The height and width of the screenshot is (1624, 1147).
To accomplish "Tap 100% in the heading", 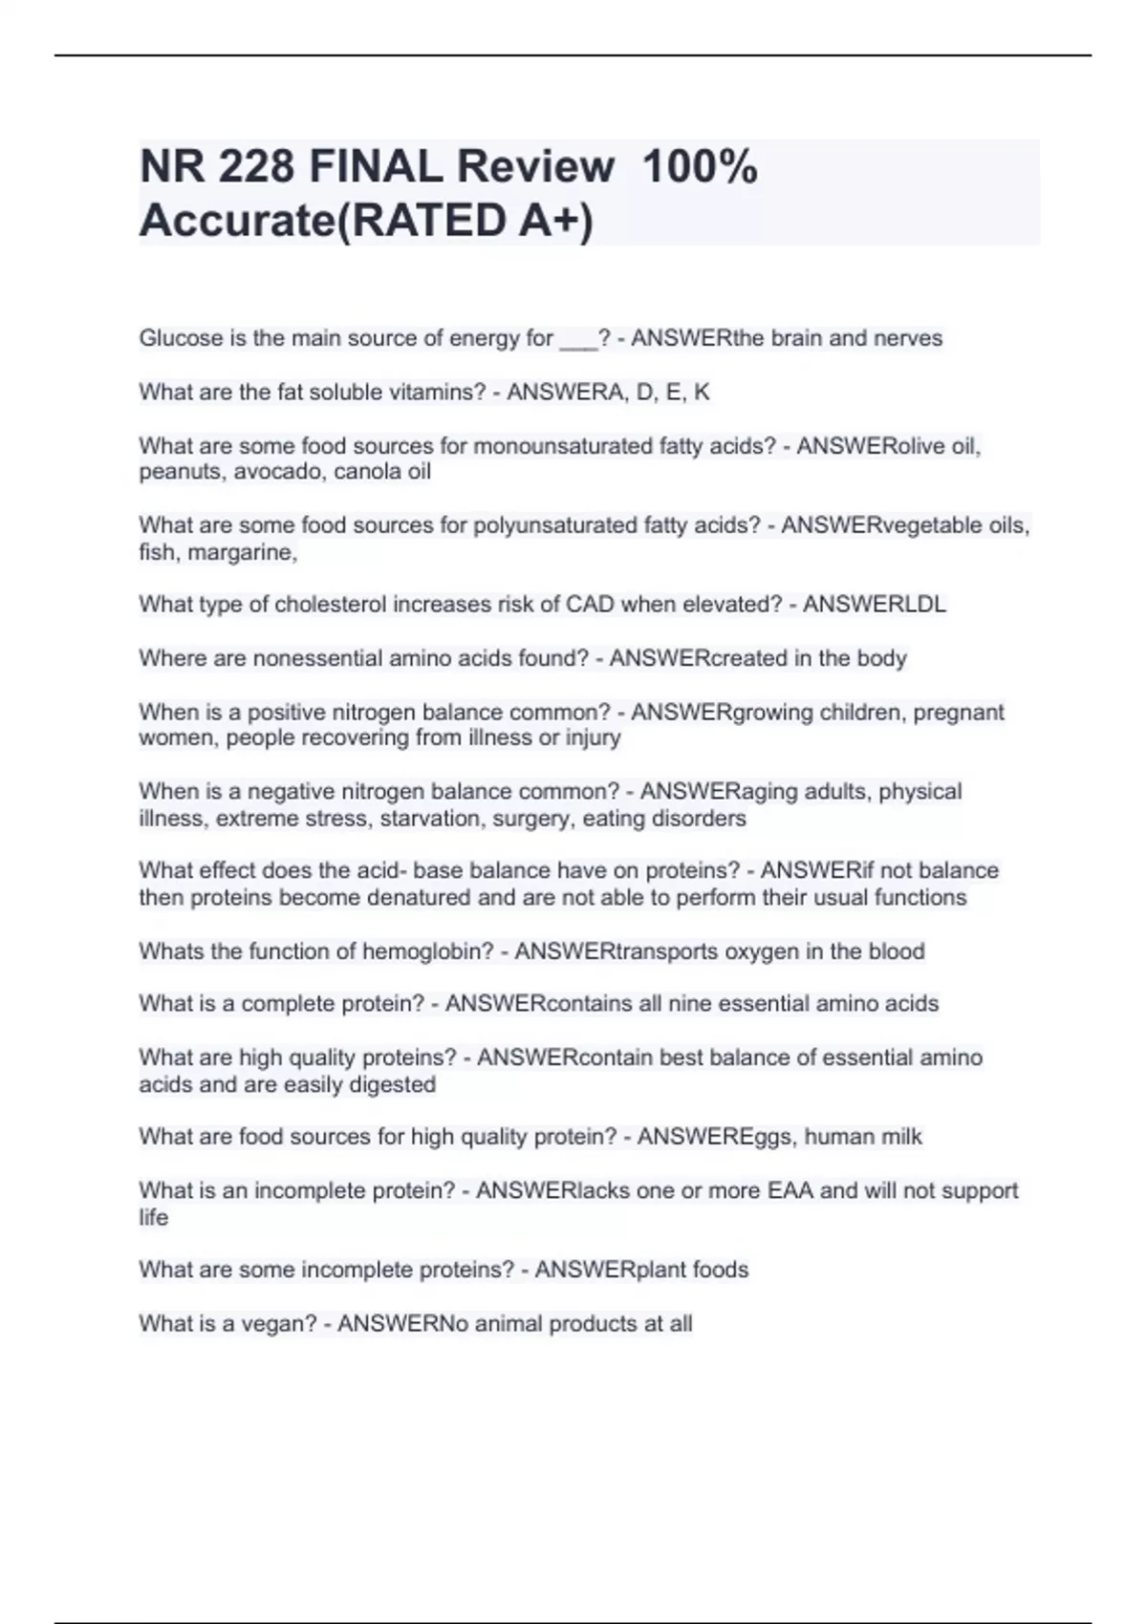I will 700,167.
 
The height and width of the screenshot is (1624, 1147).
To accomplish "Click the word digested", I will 393,1085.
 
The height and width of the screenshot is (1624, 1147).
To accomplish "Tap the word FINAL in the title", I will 377,167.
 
